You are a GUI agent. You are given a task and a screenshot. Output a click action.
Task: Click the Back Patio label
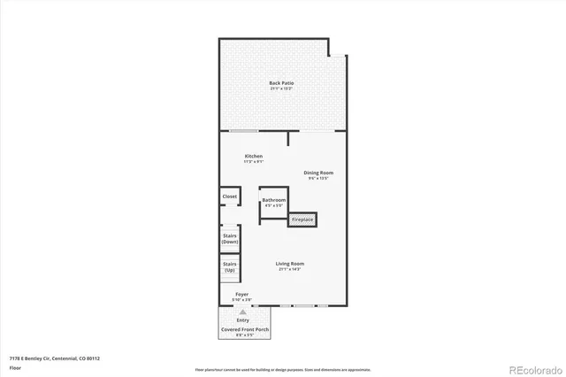click(281, 83)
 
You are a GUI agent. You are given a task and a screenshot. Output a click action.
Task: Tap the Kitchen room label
click(254, 156)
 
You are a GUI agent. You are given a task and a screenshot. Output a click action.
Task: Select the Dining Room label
click(318, 173)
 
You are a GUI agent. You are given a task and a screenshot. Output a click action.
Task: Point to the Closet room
click(230, 196)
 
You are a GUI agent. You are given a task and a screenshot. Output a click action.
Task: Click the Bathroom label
click(273, 200)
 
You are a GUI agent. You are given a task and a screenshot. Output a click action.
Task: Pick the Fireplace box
click(302, 219)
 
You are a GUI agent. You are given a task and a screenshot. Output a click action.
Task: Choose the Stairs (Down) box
click(230, 239)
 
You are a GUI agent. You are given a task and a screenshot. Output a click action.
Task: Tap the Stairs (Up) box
click(230, 266)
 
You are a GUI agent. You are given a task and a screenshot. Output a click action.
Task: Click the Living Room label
click(289, 264)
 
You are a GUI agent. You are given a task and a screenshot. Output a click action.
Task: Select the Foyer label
click(241, 294)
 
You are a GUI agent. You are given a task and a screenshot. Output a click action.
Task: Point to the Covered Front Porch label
click(244, 329)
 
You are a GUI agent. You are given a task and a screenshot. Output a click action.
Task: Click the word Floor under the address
click(15, 366)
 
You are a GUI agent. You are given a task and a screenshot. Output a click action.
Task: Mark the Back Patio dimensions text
click(281, 89)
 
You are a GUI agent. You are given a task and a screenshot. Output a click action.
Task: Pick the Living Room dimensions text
click(289, 269)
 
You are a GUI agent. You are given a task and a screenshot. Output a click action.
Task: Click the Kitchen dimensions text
click(254, 162)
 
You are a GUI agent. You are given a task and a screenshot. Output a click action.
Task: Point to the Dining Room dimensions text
click(318, 178)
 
